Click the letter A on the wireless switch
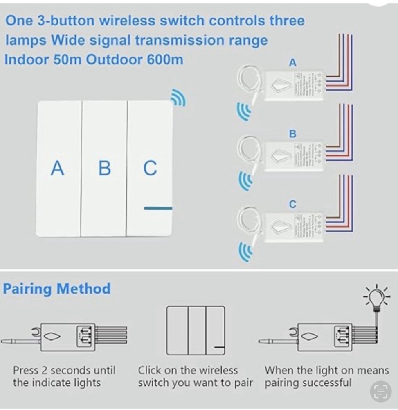pyautogui.click(x=58, y=168)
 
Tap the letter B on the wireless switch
pyautogui.click(x=105, y=168)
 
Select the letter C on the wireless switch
pyautogui.click(x=150, y=168)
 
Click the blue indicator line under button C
pyautogui.click(x=158, y=208)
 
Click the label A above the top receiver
pyautogui.click(x=292, y=63)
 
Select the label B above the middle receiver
pyautogui.click(x=292, y=134)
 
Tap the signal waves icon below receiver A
pyautogui.click(x=244, y=112)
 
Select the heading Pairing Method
pyautogui.click(x=57, y=288)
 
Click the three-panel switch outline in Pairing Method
pyautogui.click(x=196, y=330)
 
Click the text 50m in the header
pyautogui.click(x=68, y=59)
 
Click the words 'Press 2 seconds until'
pyautogui.click(x=64, y=370)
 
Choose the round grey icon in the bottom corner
pyautogui.click(x=380, y=391)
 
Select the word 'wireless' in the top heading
pyautogui.click(x=125, y=20)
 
